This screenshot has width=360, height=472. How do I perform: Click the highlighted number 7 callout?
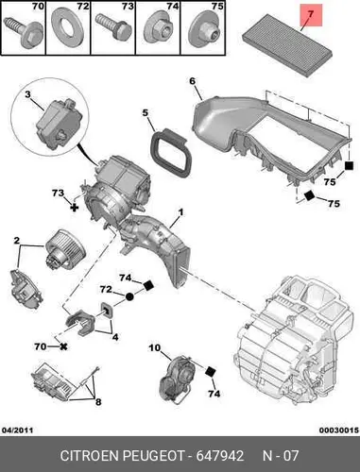coord(311,15)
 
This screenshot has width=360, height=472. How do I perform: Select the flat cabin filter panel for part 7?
coord(288,45)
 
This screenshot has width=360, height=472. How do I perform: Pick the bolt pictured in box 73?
coord(112,27)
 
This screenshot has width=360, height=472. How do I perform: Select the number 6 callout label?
coord(193,81)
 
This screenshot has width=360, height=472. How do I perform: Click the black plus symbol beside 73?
coord(75,208)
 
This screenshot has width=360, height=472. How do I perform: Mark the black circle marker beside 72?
coord(129,296)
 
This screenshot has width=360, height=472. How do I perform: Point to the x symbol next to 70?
coord(63,346)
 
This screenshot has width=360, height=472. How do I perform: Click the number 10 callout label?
coord(154,347)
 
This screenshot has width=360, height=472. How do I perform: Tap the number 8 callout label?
coord(98,402)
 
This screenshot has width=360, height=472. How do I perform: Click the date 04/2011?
coord(18,430)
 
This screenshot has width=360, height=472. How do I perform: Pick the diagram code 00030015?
coord(339,430)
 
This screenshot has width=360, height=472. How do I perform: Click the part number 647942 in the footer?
coord(220,456)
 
